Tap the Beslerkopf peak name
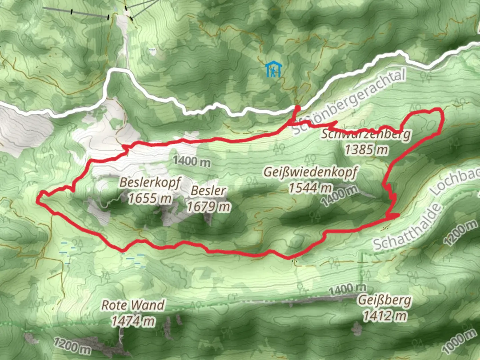click(x=150, y=182)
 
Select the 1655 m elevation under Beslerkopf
click(x=150, y=198)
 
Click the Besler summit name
click(x=208, y=191)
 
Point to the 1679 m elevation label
click(x=208, y=207)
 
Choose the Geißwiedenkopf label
click(x=310, y=172)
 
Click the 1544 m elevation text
click(x=310, y=188)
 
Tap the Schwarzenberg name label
click(x=366, y=134)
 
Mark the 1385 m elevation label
click(x=366, y=150)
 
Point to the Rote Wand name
click(x=133, y=305)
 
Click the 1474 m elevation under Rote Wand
click(x=133, y=321)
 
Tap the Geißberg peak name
click(x=385, y=300)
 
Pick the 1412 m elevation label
click(x=385, y=316)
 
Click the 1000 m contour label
click(x=459, y=341)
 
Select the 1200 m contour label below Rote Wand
click(x=72, y=346)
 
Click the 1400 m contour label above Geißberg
click(x=347, y=289)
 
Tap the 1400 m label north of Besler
click(x=192, y=161)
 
